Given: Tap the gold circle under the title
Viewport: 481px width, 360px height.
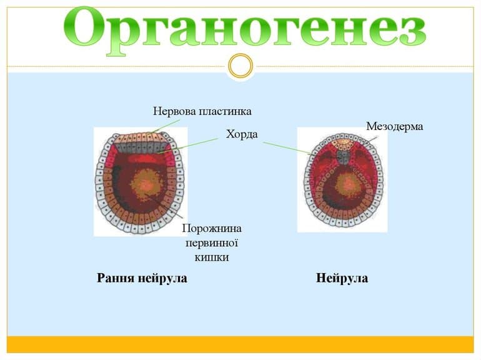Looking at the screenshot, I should tap(241, 66).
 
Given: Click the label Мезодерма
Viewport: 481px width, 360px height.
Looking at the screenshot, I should tap(394, 126).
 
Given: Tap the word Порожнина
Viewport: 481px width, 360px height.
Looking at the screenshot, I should tap(211, 228).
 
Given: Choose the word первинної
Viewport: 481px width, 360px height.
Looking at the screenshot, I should tap(211, 242).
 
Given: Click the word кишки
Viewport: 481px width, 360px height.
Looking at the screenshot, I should tap(211, 257).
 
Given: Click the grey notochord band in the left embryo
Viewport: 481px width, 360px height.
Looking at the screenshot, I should tap(140, 147).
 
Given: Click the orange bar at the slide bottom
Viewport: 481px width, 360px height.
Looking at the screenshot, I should tap(241, 345).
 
